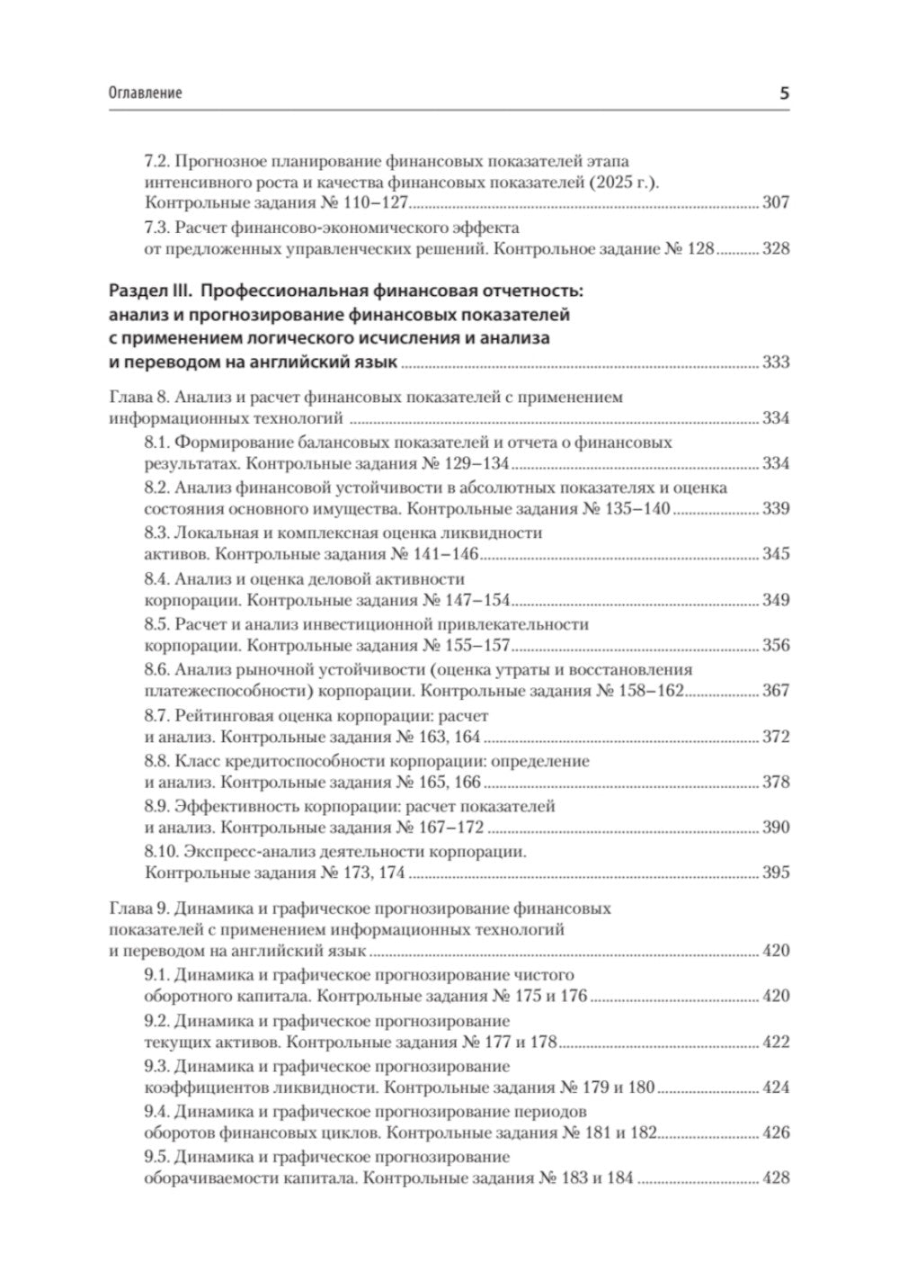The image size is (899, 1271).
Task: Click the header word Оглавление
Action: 145,93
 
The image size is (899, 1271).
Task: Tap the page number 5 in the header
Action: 783,92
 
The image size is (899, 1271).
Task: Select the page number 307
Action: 775,202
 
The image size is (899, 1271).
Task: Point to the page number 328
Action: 775,248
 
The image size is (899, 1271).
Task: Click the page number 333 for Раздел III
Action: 775,363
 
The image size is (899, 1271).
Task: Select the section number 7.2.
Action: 156,161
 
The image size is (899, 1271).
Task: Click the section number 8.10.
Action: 160,850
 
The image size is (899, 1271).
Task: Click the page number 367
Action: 775,691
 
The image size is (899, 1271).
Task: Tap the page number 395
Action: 775,873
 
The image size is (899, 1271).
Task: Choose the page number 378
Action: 775,782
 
